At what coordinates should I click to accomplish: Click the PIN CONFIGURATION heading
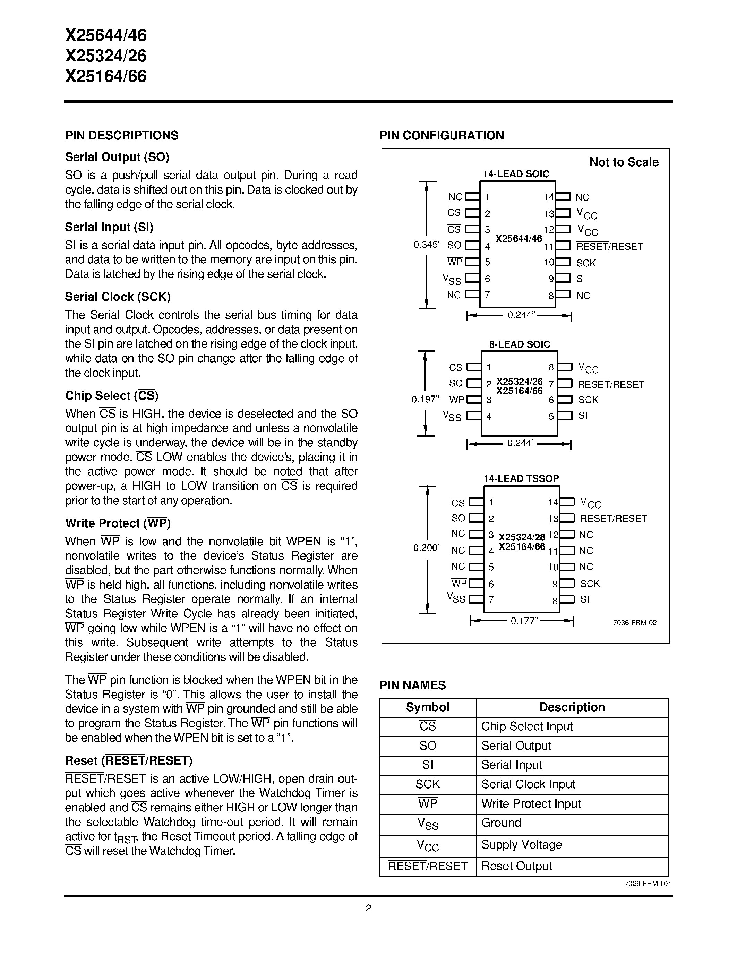pos(442,135)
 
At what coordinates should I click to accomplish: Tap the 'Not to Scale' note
pos(624,162)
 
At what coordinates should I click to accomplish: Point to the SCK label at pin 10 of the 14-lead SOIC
pos(585,263)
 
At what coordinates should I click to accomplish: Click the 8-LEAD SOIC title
pos(519,344)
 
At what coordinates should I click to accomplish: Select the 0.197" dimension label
pos(425,399)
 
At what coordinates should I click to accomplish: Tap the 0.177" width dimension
pos(523,621)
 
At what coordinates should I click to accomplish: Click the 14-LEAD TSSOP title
pos(521,478)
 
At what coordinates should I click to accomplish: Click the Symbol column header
pos(427,707)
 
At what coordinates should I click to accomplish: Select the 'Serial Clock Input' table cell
pos(528,784)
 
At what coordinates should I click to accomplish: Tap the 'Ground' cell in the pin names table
pos(501,823)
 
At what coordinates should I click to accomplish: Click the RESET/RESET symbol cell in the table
pos(427,866)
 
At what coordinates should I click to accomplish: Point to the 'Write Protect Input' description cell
pos(531,804)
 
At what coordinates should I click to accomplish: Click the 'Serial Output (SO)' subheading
pos(117,157)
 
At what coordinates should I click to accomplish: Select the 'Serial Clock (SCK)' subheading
pos(118,297)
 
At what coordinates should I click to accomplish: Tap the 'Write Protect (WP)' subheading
pos(118,523)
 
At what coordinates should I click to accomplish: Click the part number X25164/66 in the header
pos(106,76)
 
